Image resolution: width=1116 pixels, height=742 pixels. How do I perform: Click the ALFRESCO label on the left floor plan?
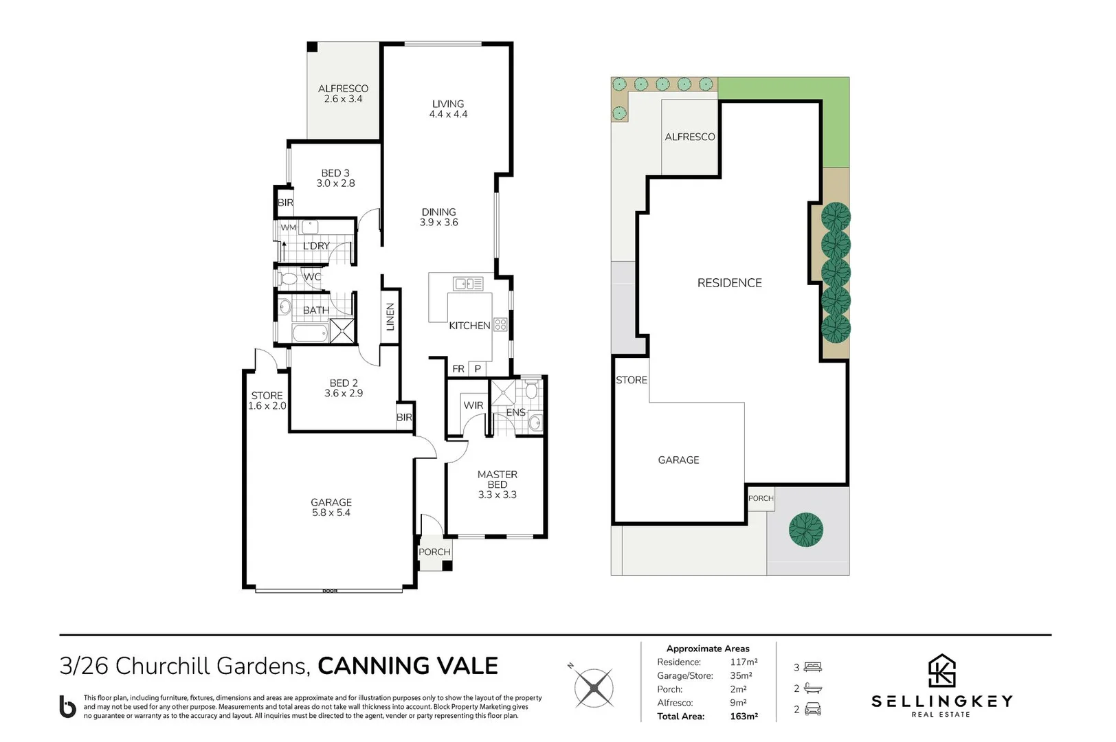pyautogui.click(x=344, y=89)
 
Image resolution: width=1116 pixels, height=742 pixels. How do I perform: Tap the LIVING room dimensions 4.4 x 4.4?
pyautogui.click(x=448, y=114)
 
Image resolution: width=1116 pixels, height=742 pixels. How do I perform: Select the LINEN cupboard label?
pyautogui.click(x=390, y=317)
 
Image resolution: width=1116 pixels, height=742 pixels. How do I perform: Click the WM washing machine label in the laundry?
pyautogui.click(x=289, y=227)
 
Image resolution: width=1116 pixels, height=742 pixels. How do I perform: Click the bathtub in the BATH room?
pyautogui.click(x=310, y=333)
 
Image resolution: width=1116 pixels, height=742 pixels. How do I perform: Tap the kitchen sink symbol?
pyautogui.click(x=468, y=284)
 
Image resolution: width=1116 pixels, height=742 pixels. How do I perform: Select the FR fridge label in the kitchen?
pyautogui.click(x=458, y=368)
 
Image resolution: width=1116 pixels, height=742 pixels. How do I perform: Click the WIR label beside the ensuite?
pyautogui.click(x=473, y=405)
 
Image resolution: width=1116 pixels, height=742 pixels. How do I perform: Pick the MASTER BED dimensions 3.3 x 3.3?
pyautogui.click(x=498, y=495)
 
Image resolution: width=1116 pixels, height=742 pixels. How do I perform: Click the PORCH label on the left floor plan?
pyautogui.click(x=434, y=552)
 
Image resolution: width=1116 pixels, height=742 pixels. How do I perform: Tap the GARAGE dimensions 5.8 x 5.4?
pyautogui.click(x=331, y=513)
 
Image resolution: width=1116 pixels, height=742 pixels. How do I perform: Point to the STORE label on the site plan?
pyautogui.click(x=632, y=380)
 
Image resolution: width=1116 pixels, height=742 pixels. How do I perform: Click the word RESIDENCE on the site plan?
pyautogui.click(x=729, y=283)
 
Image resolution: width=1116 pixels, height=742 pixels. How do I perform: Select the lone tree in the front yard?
pyautogui.click(x=805, y=530)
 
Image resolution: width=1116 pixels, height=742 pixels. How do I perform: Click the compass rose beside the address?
pyautogui.click(x=593, y=688)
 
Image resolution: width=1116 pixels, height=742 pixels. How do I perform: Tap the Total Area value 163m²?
pyautogui.click(x=744, y=716)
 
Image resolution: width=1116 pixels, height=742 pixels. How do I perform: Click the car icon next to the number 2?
pyautogui.click(x=812, y=709)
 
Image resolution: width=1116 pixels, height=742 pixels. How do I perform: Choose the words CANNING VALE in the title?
pyautogui.click(x=408, y=666)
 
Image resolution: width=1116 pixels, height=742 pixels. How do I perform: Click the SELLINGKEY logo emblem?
pyautogui.click(x=941, y=671)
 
